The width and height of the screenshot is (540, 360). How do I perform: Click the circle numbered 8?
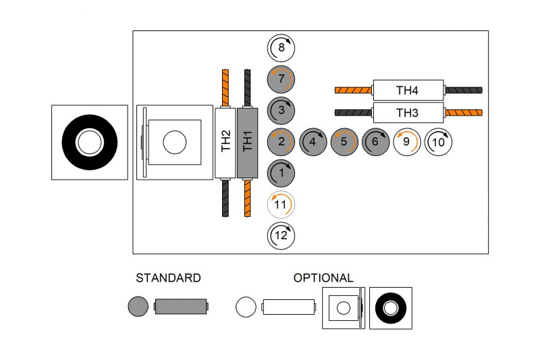(x=281, y=48)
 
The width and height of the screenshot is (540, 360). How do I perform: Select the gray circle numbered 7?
(x=281, y=79)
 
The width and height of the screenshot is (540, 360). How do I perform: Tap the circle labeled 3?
(x=281, y=110)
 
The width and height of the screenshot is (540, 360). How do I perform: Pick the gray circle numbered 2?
(x=281, y=142)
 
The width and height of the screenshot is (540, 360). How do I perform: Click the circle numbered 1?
(x=281, y=173)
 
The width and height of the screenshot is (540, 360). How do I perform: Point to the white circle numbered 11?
(x=281, y=204)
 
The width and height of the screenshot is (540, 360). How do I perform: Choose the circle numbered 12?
(x=281, y=235)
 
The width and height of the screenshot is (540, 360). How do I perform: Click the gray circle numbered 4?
(x=313, y=142)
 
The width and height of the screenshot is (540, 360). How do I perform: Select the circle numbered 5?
(x=344, y=142)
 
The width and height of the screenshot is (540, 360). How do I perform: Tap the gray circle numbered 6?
(x=375, y=142)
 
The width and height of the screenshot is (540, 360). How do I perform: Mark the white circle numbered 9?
(x=406, y=142)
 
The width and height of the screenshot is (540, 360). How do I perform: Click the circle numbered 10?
(x=437, y=142)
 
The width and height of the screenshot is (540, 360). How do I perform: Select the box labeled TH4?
(x=408, y=90)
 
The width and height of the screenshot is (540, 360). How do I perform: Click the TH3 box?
(x=408, y=113)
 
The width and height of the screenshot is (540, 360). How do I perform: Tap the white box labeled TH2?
(x=226, y=142)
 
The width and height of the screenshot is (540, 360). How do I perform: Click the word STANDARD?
(x=168, y=278)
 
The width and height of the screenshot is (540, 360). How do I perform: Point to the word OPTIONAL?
(x=323, y=278)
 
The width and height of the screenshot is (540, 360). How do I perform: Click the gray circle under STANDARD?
(x=138, y=307)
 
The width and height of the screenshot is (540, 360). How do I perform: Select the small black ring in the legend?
(x=390, y=308)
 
